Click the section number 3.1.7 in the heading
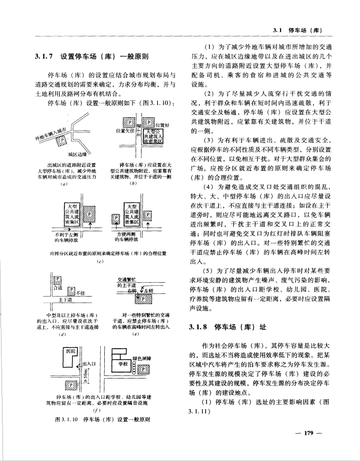44,56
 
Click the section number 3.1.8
200,327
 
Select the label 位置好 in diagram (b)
162,126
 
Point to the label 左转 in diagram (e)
148,291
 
